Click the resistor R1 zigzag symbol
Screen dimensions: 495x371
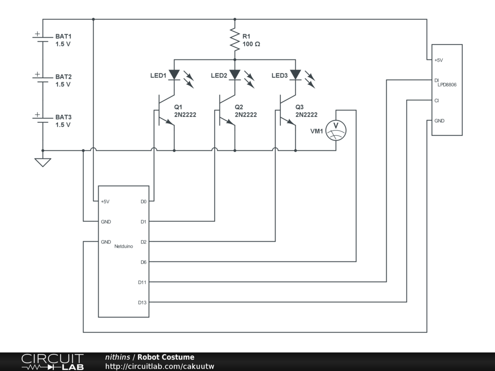pyautogui.click(x=234, y=40)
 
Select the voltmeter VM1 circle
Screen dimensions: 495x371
pyautogui.click(x=336, y=130)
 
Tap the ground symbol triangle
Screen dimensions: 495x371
pyautogui.click(x=43, y=162)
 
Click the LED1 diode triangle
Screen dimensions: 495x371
pyautogui.click(x=174, y=75)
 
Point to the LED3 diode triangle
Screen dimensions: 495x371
pyautogui.click(x=295, y=75)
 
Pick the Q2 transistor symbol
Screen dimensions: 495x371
pyautogui.click(x=226, y=110)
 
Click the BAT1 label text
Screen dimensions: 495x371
pyautogui.click(x=63, y=36)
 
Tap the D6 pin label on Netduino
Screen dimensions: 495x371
pyautogui.click(x=144, y=262)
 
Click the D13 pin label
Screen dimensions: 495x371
pyautogui.click(x=142, y=302)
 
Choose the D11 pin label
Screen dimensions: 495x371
pyautogui.click(x=142, y=282)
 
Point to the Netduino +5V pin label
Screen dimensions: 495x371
pyautogui.click(x=105, y=201)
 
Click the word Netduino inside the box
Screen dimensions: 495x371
pyautogui.click(x=123, y=246)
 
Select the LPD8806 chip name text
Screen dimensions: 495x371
pyautogui.click(x=447, y=85)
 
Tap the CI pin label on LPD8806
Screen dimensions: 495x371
pyautogui.click(x=437, y=100)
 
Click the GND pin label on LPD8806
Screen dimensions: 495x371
pyautogui.click(x=439, y=121)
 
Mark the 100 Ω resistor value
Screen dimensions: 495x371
pyautogui.click(x=251, y=44)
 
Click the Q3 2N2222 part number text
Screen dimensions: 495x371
pyautogui.click(x=306, y=114)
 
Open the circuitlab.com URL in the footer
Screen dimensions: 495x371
pyautogui.click(x=160, y=366)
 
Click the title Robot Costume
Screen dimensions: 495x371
pyautogui.click(x=166, y=357)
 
